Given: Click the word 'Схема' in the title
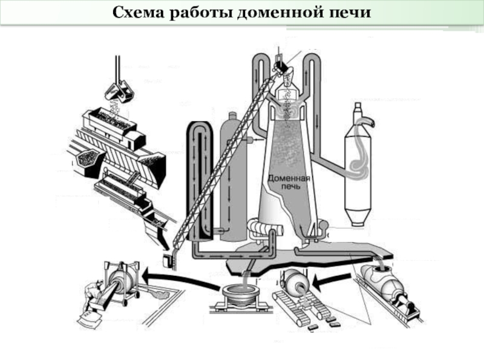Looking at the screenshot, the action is click(139, 13).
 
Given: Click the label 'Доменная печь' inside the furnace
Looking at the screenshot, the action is click(289, 182).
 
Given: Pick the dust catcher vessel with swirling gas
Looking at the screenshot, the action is click(358, 167).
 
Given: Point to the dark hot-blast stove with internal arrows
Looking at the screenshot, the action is click(200, 180).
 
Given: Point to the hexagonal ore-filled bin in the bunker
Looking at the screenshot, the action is click(87, 159).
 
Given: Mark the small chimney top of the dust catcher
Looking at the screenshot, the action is click(358, 110).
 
